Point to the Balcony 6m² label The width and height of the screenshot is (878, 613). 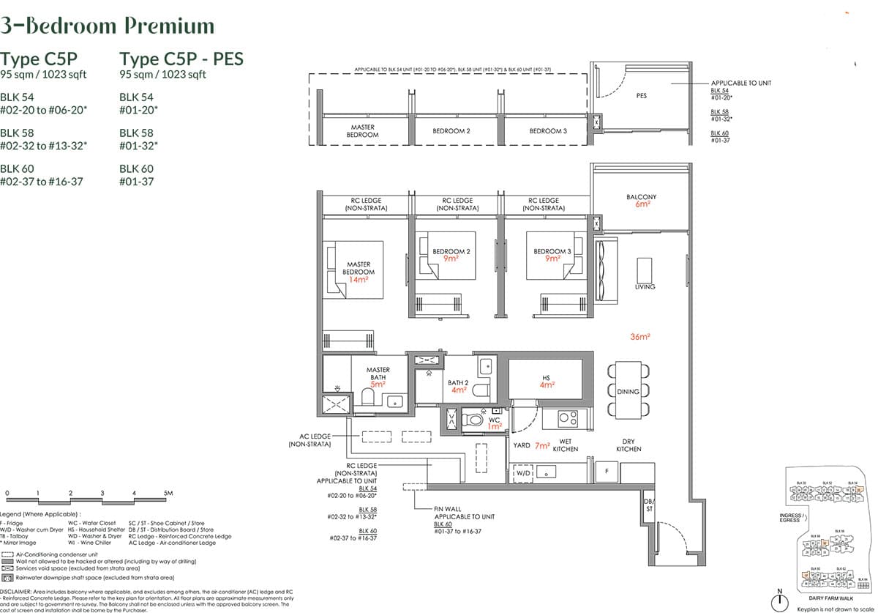pos(641,201)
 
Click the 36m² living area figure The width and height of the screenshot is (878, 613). pos(639,337)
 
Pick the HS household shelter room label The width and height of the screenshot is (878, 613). pos(546,381)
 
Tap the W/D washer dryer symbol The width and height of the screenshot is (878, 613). pos(523,473)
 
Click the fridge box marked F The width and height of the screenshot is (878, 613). pos(607,472)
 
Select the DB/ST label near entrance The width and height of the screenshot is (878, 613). pos(649,505)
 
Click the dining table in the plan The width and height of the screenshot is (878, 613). pos(628,391)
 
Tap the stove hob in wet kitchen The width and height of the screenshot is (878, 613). pos(568,418)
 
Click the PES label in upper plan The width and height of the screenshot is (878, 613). pos(642,96)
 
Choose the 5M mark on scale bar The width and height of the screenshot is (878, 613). pos(168,494)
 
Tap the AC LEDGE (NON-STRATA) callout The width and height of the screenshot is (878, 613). pos(310,440)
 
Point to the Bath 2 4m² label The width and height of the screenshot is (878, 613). pos(459,386)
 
